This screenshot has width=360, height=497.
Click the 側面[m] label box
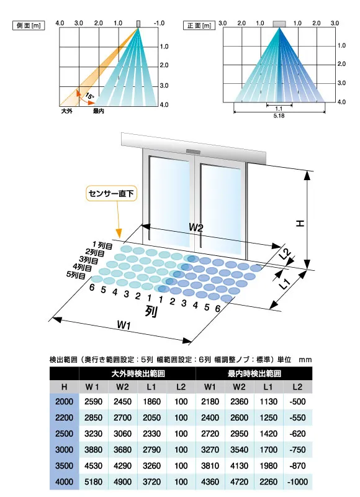tap(29, 25)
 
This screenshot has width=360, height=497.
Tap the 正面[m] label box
tap(199, 25)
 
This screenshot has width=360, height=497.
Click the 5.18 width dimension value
tap(279, 116)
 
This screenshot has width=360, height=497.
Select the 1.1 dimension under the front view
tap(279, 109)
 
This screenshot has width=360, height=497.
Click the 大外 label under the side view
tap(67, 111)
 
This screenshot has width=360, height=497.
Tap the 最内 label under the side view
tap(99, 111)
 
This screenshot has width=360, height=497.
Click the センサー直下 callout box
tap(112, 193)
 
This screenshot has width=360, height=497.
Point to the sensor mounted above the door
tap(194, 152)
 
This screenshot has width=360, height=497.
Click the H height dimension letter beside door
tap(300, 223)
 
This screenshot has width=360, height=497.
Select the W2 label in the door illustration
tap(196, 227)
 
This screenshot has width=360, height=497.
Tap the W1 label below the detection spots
tap(124, 324)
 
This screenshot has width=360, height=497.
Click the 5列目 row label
tap(76, 275)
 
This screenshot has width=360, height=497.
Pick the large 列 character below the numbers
tap(151, 311)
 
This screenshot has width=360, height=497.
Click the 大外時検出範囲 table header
tap(138, 374)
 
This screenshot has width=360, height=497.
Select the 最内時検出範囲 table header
tap(254, 374)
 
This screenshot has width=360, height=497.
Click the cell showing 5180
tap(93, 482)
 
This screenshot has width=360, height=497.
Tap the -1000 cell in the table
tap(298, 482)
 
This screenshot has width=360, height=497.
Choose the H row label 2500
tap(65, 434)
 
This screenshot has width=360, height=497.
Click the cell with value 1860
tap(151, 401)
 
